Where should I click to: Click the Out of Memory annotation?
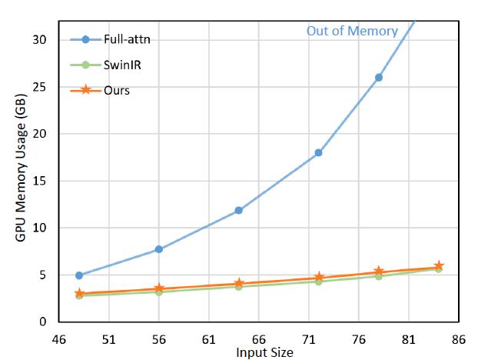(x=352, y=32)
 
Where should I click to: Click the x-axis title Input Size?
(x=264, y=352)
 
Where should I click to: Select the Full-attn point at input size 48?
(x=79, y=275)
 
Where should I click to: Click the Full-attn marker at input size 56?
(x=159, y=249)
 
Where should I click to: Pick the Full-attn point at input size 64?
(x=239, y=210)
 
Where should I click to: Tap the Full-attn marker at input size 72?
(x=318, y=152)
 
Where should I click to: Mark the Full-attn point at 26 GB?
(x=378, y=78)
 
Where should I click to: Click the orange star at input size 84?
(x=439, y=266)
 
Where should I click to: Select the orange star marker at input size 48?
(x=79, y=294)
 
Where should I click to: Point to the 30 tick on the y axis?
(x=43, y=40)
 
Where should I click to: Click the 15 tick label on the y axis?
(x=43, y=181)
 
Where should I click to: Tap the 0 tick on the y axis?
(x=46, y=322)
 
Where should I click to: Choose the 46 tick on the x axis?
(x=59, y=338)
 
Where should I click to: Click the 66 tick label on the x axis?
(x=258, y=338)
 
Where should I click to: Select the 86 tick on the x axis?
(x=458, y=338)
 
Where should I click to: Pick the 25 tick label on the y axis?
(x=43, y=87)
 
